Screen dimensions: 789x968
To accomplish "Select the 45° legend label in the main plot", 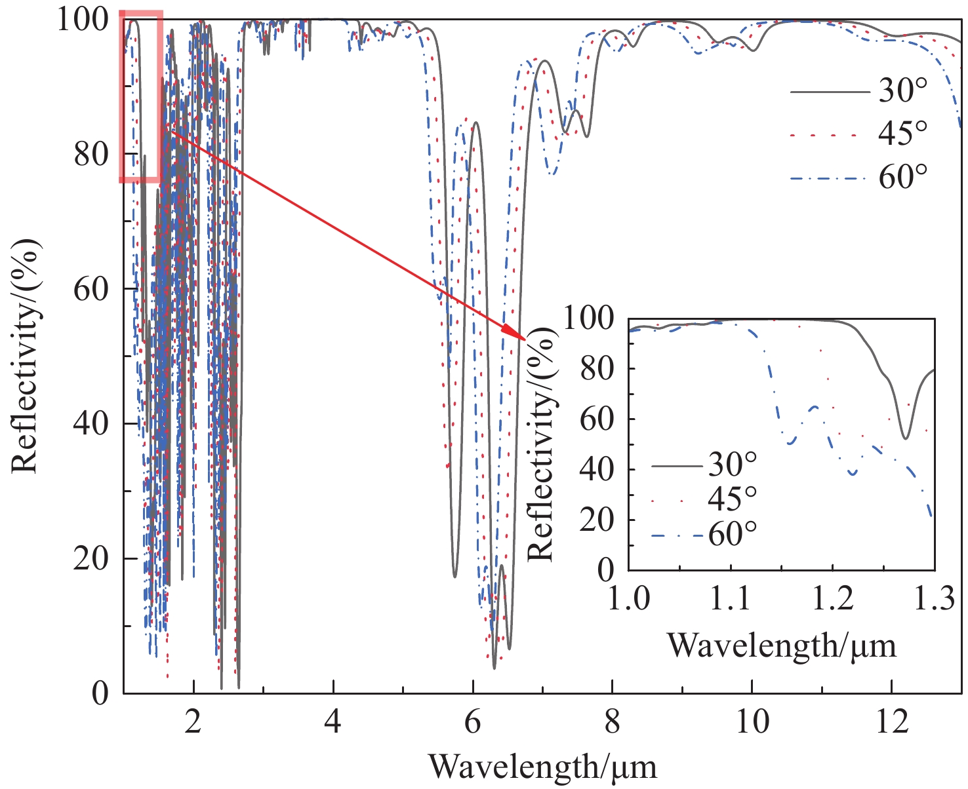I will point(904,134).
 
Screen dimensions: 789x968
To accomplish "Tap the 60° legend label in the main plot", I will point(904,176).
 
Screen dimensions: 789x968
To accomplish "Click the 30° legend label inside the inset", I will point(733,465).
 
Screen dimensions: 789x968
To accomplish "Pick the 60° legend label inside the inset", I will point(733,535).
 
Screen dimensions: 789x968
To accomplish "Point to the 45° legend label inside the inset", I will point(733,500).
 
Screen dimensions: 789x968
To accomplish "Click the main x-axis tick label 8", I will point(612,721).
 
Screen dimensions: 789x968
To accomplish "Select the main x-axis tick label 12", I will point(892,721).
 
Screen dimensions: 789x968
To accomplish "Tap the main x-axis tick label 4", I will point(333,721).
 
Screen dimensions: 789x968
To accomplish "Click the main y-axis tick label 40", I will point(91,423).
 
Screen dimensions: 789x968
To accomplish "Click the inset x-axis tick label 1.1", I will point(730,599).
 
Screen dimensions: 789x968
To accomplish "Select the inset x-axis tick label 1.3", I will point(934,599).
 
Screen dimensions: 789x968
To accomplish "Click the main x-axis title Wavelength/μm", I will point(542,765).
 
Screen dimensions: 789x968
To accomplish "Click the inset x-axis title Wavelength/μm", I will point(782,645).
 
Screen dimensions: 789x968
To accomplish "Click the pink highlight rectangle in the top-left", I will point(140,96).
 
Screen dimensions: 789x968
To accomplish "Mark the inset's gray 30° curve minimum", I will point(906,438).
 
